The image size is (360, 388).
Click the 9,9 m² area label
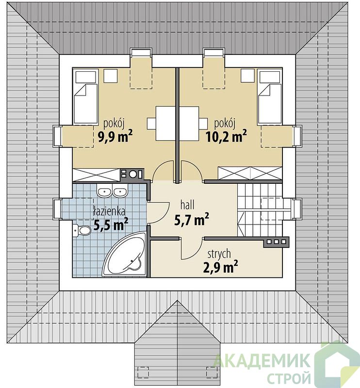click(115, 136)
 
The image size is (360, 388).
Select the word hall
click(187, 205)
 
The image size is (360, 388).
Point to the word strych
click(219, 254)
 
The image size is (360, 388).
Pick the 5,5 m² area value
click(111, 225)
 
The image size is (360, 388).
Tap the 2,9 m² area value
click(220, 267)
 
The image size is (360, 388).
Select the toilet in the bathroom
click(82, 230)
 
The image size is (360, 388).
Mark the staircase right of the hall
click(260, 210)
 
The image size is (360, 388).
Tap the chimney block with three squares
click(276, 242)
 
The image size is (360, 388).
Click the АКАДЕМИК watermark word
click(262, 360)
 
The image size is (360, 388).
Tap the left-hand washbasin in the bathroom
click(104, 192)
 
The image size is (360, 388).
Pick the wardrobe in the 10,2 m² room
click(250, 173)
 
